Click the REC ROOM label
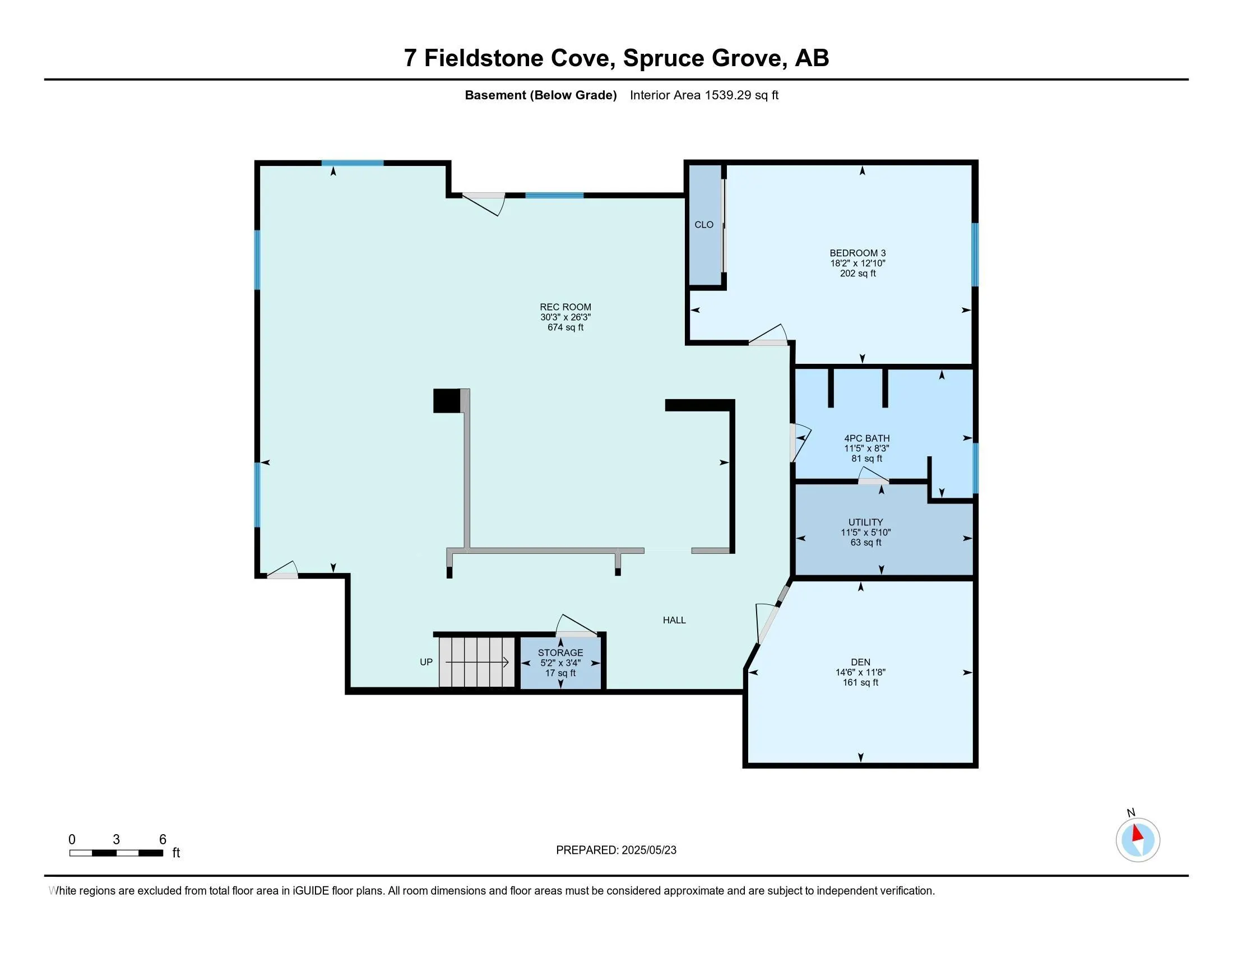[565, 307]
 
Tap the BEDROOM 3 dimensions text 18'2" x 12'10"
[857, 263]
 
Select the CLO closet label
[703, 225]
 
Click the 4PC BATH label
[866, 438]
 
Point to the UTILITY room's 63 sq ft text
[865, 543]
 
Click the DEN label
[860, 662]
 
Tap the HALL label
[674, 620]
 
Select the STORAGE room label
[560, 653]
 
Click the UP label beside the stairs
[427, 661]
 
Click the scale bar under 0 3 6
[117, 853]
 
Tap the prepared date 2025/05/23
[648, 850]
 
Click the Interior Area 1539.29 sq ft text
[704, 95]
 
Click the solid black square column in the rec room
[447, 401]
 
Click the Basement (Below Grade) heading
[540, 95]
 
